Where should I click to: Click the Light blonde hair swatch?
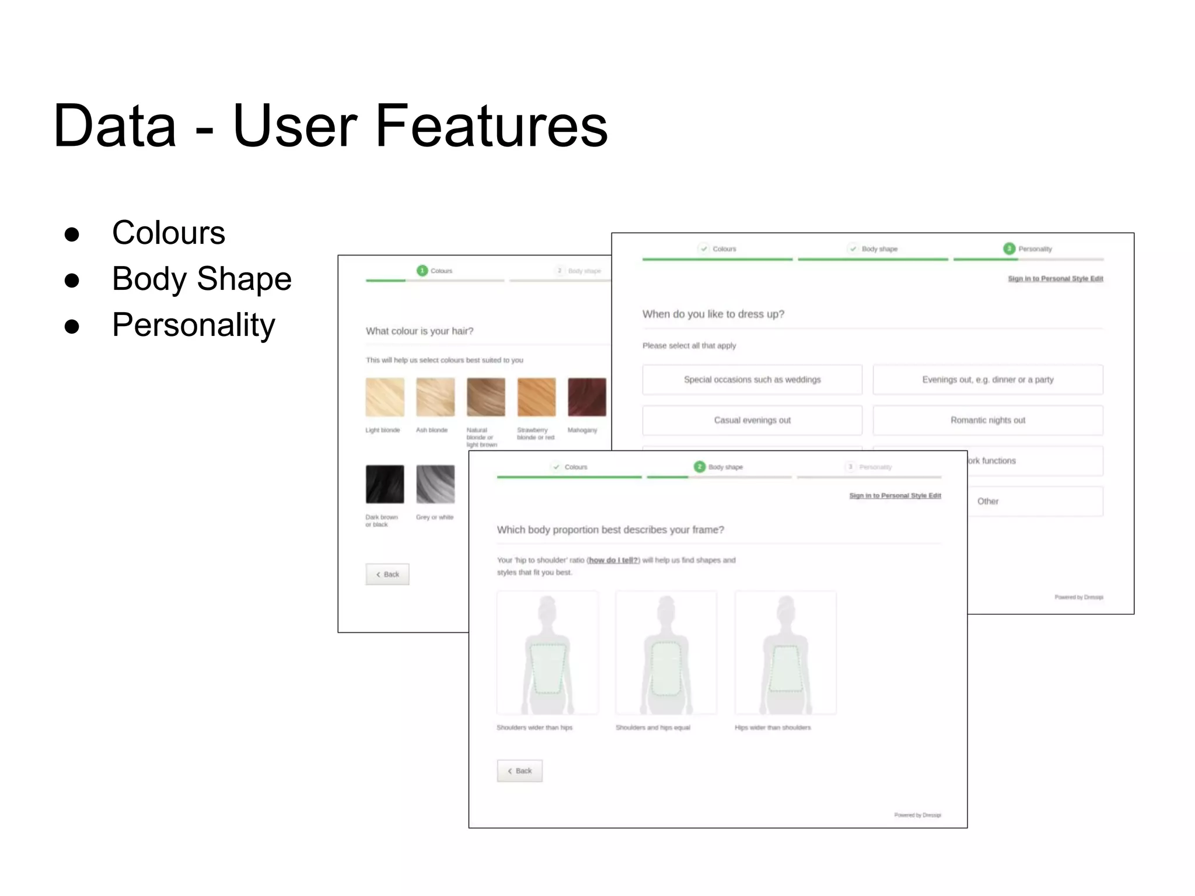[385, 397]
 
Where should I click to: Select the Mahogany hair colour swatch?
[586, 397]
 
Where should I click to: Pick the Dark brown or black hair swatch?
[385, 484]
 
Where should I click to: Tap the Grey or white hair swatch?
[435, 484]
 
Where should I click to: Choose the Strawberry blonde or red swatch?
[536, 397]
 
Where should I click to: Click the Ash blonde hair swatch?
[435, 397]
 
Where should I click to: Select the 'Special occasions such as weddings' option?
[752, 380]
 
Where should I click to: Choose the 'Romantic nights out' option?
[987, 420]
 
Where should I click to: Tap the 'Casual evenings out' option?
[752, 420]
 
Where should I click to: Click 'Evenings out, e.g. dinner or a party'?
[987, 380]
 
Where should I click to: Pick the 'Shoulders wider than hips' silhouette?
[547, 653]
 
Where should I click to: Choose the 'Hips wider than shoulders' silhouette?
[785, 653]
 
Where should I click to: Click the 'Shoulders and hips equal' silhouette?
[666, 653]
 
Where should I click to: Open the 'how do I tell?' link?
[613, 560]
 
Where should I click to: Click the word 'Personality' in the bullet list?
[193, 325]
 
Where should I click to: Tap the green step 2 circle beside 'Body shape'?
[700, 467]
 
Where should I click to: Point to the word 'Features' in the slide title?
[491, 126]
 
